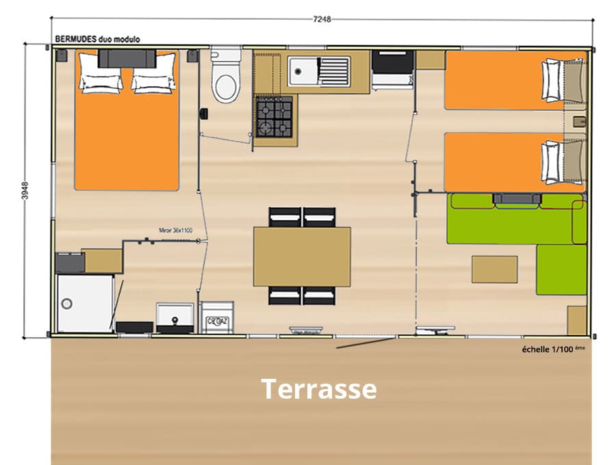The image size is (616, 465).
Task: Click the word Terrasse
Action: click(318, 389)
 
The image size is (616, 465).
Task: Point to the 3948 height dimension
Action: click(25, 190)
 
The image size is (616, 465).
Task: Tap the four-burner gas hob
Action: click(274, 116)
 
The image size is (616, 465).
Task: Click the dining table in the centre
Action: click(302, 256)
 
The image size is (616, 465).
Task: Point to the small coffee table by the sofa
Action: click(494, 269)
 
